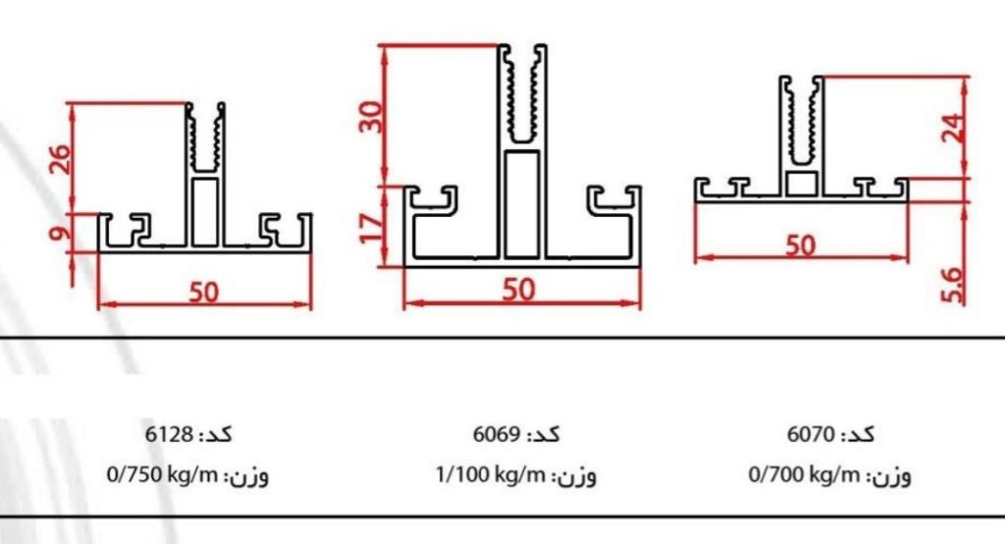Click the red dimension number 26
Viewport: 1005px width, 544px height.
[59, 159]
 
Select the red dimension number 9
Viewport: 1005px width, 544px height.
[59, 232]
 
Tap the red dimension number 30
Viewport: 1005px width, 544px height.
[371, 118]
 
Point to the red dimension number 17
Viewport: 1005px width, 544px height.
[371, 229]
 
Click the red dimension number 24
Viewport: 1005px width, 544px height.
[953, 129]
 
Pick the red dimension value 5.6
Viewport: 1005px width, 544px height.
[953, 285]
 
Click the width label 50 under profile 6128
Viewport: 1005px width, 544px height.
[204, 292]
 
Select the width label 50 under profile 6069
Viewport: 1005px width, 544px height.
[518, 290]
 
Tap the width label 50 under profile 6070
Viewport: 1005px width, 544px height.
[801, 245]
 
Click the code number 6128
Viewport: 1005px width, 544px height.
[169, 434]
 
